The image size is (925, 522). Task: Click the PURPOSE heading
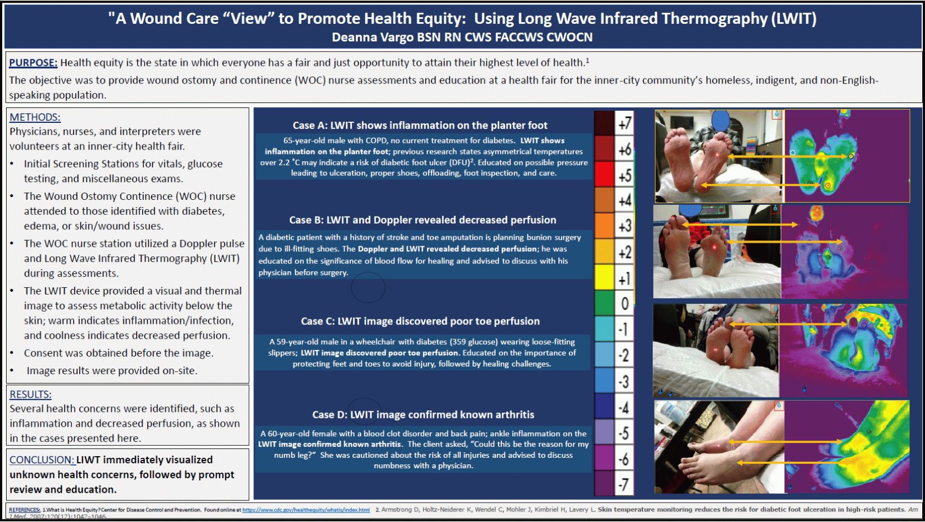33,63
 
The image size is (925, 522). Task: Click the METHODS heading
35,117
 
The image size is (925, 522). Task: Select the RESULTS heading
30,395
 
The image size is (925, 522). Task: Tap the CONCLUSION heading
41,460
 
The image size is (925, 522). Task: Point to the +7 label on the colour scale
625,123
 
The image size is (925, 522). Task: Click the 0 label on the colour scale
625,304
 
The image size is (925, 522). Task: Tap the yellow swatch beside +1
604,277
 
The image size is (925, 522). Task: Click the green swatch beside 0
604,303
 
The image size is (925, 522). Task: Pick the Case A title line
420,126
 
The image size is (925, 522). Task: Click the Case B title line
422,220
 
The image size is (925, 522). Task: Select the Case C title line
420,322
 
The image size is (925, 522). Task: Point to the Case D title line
423,415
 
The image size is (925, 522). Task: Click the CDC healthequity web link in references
306,510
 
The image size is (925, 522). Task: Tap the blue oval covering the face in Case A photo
720,120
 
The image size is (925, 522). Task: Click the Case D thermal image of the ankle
846,447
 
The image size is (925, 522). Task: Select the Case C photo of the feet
716,350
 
